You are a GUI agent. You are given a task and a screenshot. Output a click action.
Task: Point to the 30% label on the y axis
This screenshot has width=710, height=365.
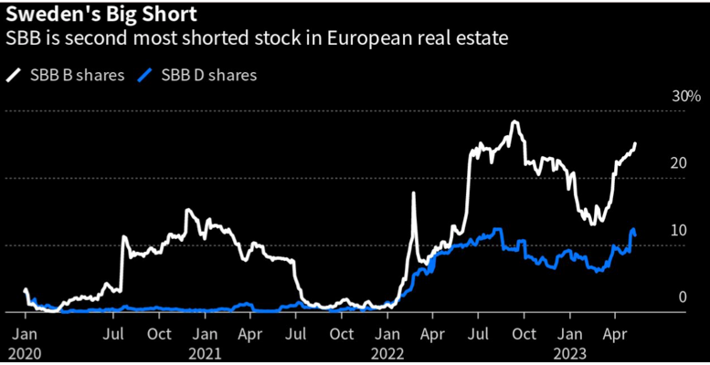pyautogui.click(x=684, y=97)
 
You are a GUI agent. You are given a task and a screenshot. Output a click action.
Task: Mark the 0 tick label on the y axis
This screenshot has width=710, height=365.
pyautogui.click(x=682, y=297)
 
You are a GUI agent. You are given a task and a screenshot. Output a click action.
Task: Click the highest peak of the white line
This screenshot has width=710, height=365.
pyautogui.click(x=515, y=121)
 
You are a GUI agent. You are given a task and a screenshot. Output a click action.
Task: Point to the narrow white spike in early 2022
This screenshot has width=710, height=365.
pyautogui.click(x=415, y=193)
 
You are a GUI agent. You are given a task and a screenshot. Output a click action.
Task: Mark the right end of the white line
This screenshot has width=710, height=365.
pyautogui.click(x=636, y=143)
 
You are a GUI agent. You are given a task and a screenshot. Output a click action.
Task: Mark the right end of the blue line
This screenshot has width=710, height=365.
pyautogui.click(x=634, y=235)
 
